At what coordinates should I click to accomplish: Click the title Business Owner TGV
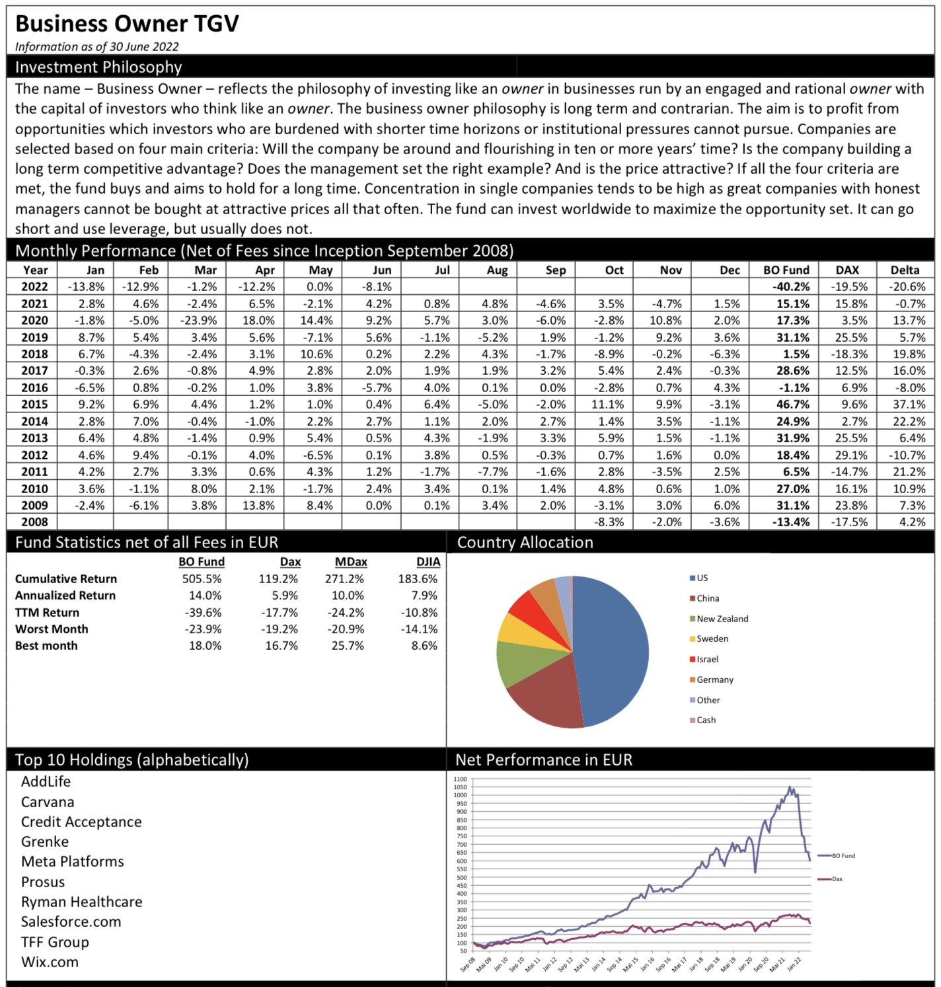coord(127,24)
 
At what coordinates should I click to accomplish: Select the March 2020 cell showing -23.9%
coord(199,321)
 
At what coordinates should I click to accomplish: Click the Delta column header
coord(904,270)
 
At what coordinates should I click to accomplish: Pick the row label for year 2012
coord(34,455)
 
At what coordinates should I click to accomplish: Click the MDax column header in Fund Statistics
coord(350,562)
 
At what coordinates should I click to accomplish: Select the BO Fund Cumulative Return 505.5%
coord(202,579)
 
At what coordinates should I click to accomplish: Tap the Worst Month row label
coord(52,629)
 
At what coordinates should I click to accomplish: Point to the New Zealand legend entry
coord(722,619)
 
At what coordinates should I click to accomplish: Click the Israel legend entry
coord(706,659)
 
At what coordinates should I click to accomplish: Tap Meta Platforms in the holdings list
coord(72,862)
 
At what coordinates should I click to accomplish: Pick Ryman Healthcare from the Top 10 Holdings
coord(81,902)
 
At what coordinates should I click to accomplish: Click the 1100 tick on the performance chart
coord(460,779)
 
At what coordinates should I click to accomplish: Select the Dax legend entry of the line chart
coord(837,879)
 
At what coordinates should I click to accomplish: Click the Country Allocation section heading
coord(525,543)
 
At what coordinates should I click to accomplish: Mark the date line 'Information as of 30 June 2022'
coord(96,47)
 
